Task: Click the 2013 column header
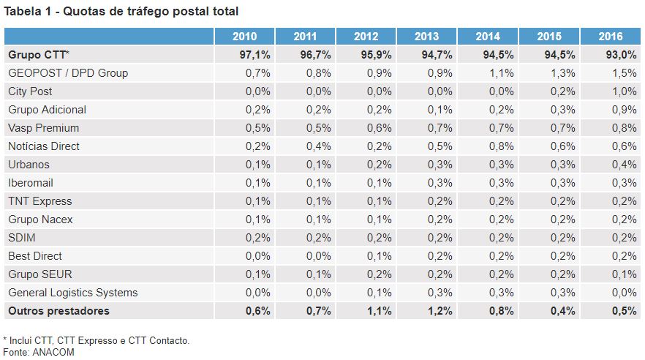pos(426,37)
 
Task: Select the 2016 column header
pos(610,37)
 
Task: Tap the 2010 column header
pos(244,37)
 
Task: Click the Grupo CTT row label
pos(39,55)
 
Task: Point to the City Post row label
pos(30,91)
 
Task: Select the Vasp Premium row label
pos(43,128)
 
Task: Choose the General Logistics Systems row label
pos(72,293)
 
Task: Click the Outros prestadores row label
pos(59,311)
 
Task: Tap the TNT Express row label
pos(40,201)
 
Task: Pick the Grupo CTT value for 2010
pos(255,55)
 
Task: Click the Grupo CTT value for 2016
pos(622,55)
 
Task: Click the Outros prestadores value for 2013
pos(440,311)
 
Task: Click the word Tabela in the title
pos(23,12)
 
